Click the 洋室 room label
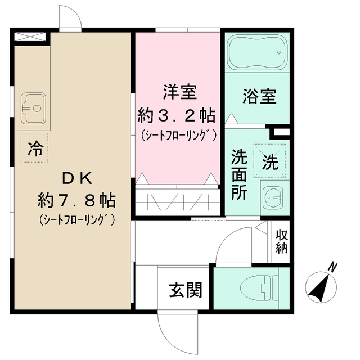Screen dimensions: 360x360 tap(176, 90)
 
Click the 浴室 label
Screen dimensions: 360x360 tap(259, 96)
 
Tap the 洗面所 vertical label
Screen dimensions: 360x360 tap(238, 174)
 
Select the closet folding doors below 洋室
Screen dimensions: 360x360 tap(176, 201)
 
